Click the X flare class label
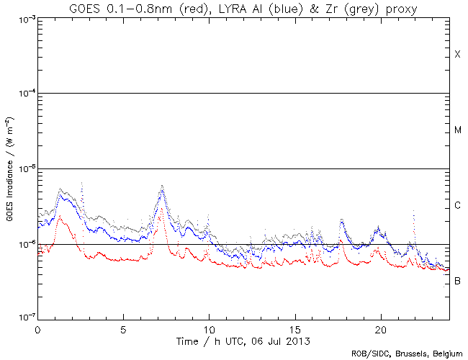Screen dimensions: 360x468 pos(457,55)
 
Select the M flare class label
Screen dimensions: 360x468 pos(457,130)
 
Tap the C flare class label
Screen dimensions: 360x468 pos(457,206)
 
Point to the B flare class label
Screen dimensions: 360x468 pos(457,281)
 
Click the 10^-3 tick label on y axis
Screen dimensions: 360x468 pos(22,19)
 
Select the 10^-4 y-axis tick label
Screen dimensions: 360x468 pos(22,94)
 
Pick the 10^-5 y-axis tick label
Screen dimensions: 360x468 pos(22,169)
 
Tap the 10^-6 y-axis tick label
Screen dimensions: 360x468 pos(22,244)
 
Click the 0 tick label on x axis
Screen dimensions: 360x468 pos(37,328)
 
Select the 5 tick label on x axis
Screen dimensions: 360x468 pos(123,328)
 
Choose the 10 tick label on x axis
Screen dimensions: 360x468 pos(209,328)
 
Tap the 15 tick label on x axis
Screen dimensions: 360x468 pos(295,328)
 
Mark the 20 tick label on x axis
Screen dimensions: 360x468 pos(381,328)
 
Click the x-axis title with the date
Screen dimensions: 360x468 pos(243,339)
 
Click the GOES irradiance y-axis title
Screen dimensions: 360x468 pos(9,169)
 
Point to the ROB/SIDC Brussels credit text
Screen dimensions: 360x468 pos(407,354)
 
